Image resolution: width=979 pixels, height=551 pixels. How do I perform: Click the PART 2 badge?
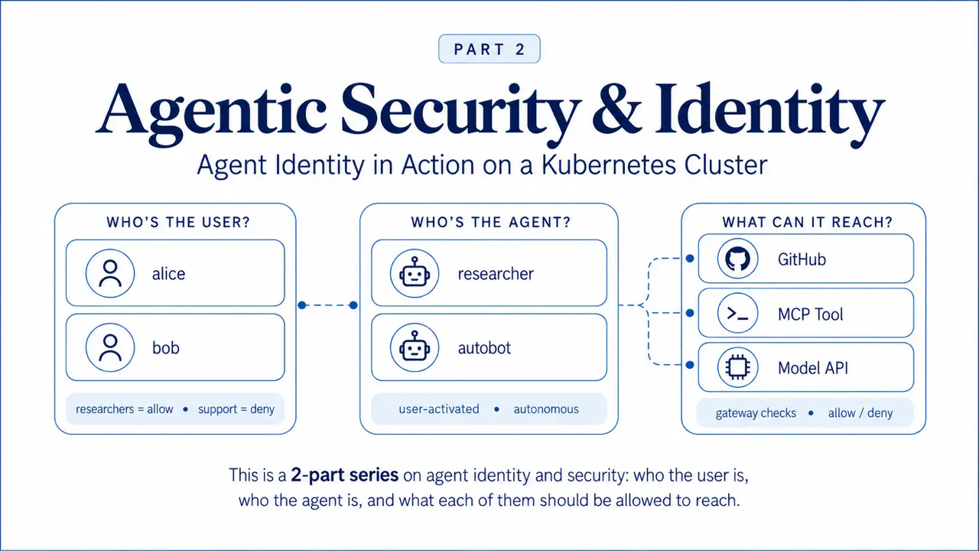(x=489, y=49)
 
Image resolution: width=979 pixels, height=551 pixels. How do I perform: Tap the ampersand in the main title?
(x=616, y=109)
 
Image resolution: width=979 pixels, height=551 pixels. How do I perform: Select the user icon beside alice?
(x=110, y=273)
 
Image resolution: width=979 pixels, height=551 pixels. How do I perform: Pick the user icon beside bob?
(x=110, y=347)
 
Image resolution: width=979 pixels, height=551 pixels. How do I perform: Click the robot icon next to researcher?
(x=415, y=273)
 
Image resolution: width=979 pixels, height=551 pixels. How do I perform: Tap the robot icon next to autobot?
(x=415, y=347)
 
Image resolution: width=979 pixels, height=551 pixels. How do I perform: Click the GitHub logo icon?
(x=738, y=259)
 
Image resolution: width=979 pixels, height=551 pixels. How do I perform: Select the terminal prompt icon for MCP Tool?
(x=738, y=313)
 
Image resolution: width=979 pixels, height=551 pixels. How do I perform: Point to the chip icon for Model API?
(x=738, y=367)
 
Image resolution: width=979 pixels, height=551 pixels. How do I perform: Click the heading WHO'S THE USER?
(x=178, y=222)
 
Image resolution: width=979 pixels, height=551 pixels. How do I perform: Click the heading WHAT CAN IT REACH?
(x=807, y=222)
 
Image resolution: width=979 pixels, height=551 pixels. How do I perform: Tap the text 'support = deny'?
(x=236, y=409)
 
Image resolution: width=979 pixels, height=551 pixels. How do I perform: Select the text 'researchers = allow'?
(x=125, y=409)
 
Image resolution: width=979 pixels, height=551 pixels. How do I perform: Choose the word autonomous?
(x=546, y=409)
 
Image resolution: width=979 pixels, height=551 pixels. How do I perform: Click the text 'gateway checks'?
(x=756, y=413)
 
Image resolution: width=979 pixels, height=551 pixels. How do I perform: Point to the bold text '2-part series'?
(x=344, y=475)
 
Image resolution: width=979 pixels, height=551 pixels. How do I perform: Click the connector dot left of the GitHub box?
(x=690, y=259)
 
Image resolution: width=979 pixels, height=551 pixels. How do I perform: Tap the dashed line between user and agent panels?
(x=328, y=305)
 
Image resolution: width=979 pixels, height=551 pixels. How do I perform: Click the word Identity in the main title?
(x=769, y=112)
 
